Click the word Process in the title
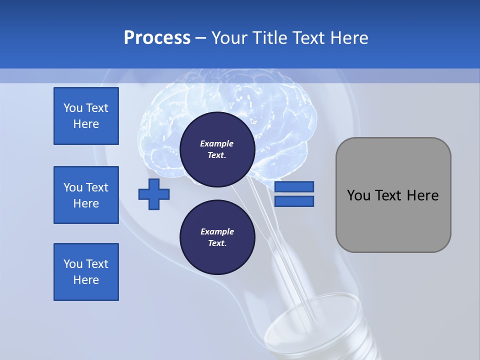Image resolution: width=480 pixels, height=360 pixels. (x=157, y=38)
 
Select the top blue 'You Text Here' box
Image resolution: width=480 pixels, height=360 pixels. (x=86, y=116)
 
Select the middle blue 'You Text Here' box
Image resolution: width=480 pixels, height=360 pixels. (x=86, y=195)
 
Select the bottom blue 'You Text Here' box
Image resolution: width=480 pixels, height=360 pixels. (x=86, y=272)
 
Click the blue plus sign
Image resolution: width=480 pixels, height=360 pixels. (x=154, y=194)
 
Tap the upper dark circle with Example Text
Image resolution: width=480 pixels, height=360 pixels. (x=217, y=149)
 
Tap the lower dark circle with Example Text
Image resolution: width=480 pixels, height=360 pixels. (x=217, y=237)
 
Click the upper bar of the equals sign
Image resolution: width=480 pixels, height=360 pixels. (x=294, y=186)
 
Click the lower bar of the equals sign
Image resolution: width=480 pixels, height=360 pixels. (x=294, y=201)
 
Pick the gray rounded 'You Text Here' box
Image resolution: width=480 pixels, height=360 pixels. (x=393, y=194)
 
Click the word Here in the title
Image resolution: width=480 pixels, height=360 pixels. (x=349, y=38)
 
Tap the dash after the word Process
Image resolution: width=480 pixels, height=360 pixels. (x=200, y=38)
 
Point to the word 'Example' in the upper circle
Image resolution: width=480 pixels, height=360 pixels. (x=217, y=143)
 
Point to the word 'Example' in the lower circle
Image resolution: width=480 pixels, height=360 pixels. (x=217, y=231)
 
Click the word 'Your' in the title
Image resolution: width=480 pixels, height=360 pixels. (x=228, y=38)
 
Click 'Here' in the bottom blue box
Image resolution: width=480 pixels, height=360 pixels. (x=86, y=280)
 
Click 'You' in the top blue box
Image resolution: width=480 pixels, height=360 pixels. (x=73, y=108)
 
